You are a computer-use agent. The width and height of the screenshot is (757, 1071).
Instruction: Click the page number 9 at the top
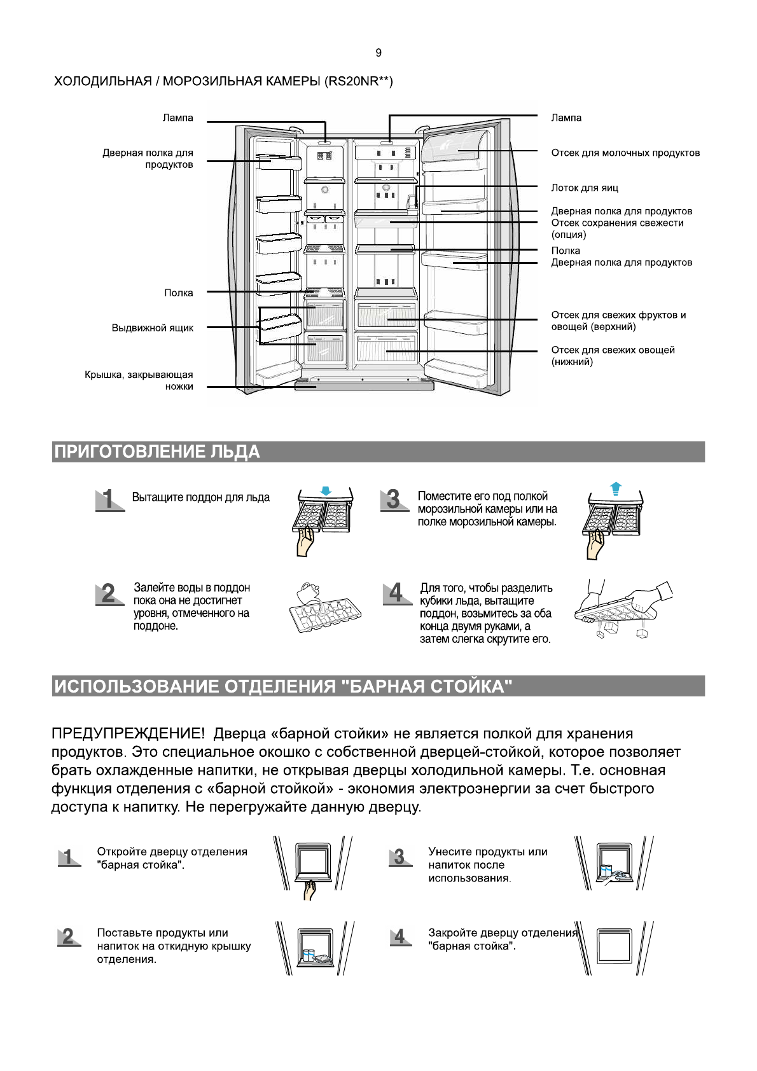pyautogui.click(x=378, y=53)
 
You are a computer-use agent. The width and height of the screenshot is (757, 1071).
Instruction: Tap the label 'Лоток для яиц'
pyautogui.click(x=584, y=188)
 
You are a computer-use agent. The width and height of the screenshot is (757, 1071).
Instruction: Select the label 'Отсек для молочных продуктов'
pyautogui.click(x=625, y=153)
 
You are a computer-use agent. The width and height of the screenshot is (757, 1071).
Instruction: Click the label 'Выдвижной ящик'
pyautogui.click(x=153, y=328)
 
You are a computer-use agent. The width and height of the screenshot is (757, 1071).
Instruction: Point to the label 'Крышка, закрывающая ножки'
pyautogui.click(x=139, y=380)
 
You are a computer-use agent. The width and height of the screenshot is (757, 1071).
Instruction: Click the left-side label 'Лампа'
pyautogui.click(x=177, y=118)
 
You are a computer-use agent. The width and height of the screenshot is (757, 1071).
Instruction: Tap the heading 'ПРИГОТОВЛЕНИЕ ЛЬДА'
pyautogui.click(x=157, y=452)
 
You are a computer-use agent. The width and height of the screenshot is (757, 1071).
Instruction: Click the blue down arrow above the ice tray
pyautogui.click(x=326, y=491)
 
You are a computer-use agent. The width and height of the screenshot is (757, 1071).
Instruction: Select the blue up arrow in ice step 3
pyautogui.click(x=615, y=488)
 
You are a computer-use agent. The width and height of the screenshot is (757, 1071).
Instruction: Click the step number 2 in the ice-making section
pyautogui.click(x=109, y=593)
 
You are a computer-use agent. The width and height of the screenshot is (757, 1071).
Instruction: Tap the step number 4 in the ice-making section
pyautogui.click(x=396, y=593)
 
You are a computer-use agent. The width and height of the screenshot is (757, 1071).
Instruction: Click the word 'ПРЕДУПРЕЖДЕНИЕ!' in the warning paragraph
pyautogui.click(x=128, y=733)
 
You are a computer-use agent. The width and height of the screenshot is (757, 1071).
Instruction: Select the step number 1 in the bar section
pyautogui.click(x=68, y=857)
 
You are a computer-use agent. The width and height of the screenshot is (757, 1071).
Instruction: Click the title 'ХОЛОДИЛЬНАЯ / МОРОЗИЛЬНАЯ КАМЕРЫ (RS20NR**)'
pyautogui.click(x=223, y=81)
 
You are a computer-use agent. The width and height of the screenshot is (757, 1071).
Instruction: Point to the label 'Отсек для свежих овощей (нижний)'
pyautogui.click(x=612, y=356)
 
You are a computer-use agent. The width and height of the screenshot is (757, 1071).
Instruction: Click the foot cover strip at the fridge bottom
pyautogui.click(x=364, y=385)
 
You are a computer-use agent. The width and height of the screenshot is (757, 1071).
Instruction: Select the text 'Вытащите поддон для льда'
pyautogui.click(x=200, y=497)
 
